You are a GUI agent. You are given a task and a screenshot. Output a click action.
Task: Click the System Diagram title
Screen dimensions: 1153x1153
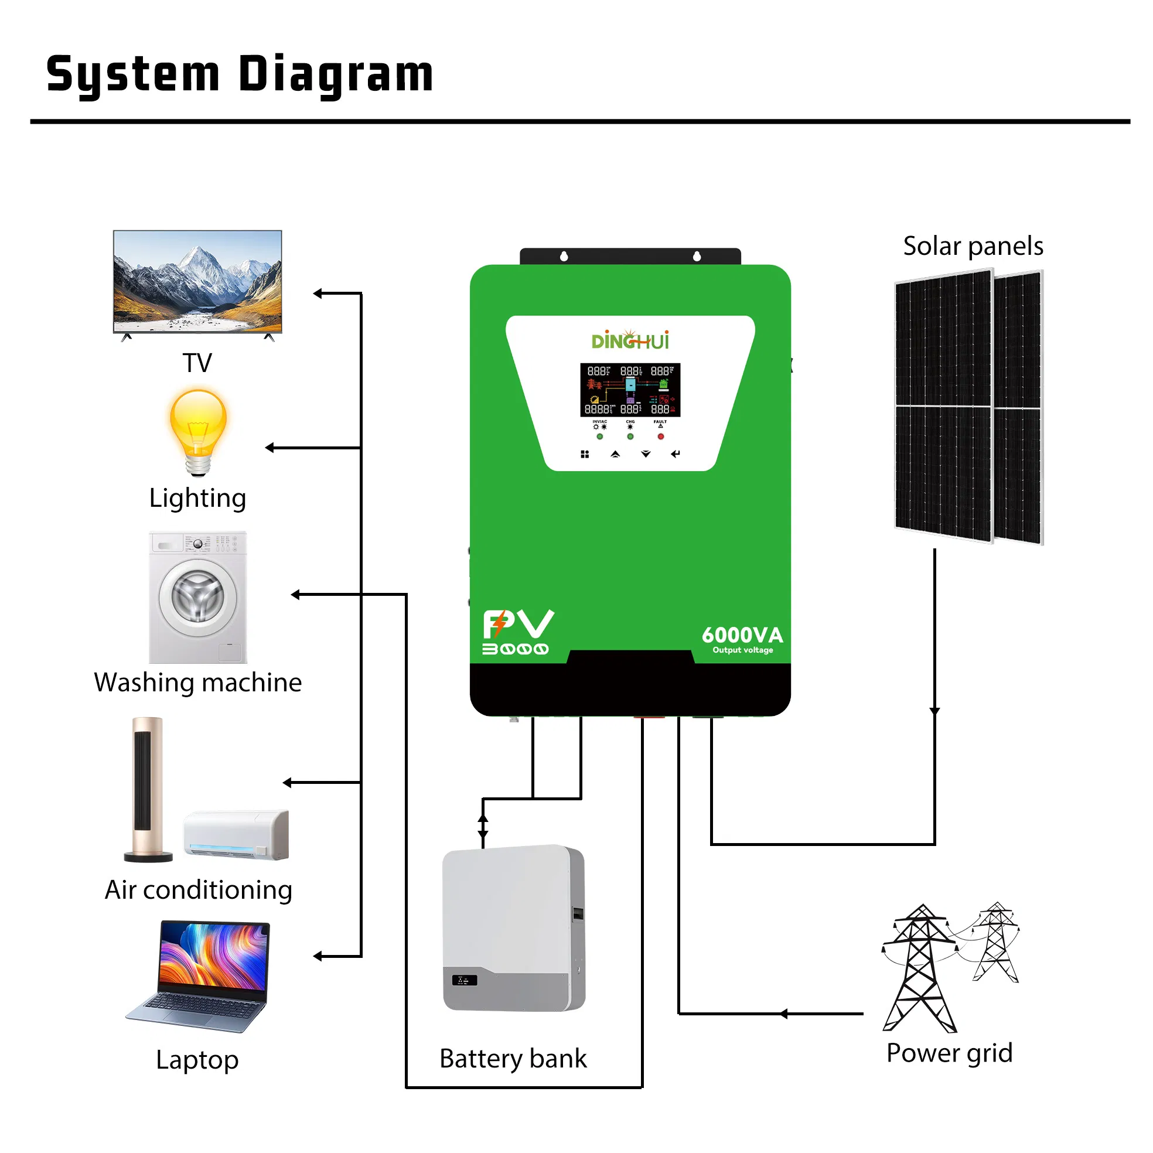[240, 74]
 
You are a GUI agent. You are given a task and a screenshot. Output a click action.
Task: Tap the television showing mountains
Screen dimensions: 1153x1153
[197, 281]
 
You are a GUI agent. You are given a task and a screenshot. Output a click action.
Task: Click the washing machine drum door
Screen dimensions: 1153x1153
[197, 597]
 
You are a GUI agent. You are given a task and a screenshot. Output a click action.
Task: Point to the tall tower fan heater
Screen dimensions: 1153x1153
[148, 788]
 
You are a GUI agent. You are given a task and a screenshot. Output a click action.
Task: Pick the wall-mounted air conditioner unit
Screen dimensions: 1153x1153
[236, 834]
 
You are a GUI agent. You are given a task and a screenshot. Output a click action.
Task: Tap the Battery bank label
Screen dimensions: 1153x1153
[513, 1058]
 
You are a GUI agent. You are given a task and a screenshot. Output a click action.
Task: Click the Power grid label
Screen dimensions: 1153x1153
[949, 1053]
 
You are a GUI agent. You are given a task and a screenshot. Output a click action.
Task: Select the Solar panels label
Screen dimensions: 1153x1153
[973, 246]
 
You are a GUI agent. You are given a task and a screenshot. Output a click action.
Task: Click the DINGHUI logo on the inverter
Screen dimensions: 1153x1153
[630, 340]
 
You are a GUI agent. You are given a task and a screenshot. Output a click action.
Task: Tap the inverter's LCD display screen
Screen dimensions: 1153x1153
[630, 390]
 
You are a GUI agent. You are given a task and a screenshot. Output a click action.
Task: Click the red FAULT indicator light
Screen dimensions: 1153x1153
[661, 436]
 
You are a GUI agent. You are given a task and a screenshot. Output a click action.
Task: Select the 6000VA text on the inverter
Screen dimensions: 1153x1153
[742, 635]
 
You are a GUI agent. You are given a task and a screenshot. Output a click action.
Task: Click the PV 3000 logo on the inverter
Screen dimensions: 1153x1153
[517, 632]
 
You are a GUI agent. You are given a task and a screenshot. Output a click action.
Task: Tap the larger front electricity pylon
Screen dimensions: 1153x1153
[920, 970]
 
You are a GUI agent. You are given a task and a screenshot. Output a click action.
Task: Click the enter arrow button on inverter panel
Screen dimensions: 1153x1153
[675, 454]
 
